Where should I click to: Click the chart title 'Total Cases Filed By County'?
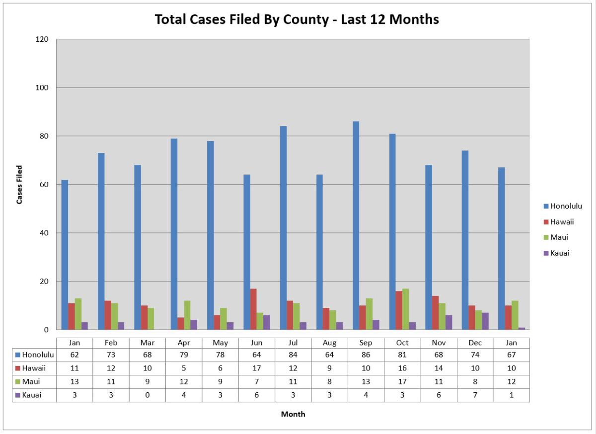[297, 19]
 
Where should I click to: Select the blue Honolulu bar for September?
[356, 225]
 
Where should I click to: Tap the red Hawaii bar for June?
[253, 309]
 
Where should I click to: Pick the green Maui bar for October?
[406, 309]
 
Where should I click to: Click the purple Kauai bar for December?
[485, 321]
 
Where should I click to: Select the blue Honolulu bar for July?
[283, 228]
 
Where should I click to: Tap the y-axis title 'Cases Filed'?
[20, 185]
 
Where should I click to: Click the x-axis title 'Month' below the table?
[293, 414]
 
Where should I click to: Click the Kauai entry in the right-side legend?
[560, 253]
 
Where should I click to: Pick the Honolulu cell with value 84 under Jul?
[293, 355]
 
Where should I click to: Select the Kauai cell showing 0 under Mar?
[148, 395]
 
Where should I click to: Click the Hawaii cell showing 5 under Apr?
[184, 368]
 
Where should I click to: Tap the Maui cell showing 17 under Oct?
[402, 381]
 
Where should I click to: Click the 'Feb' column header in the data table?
[111, 343]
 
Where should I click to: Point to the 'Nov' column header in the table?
[439, 343]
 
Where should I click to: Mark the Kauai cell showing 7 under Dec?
[475, 395]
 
